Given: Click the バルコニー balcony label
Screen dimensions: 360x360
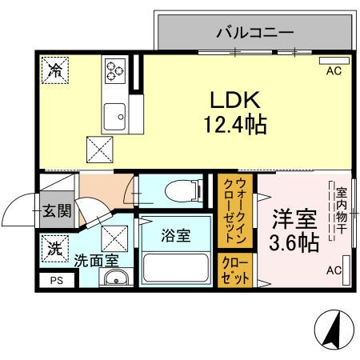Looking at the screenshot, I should coord(255,34).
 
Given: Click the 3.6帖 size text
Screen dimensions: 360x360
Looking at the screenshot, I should coord(295,242).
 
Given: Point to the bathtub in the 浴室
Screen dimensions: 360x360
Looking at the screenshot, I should coord(175,266).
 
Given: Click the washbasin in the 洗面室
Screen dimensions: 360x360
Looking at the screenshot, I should coord(117,278).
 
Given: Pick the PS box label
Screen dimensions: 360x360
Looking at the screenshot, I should coord(56,280).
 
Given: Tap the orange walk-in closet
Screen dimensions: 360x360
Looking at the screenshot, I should coord(234,211).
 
